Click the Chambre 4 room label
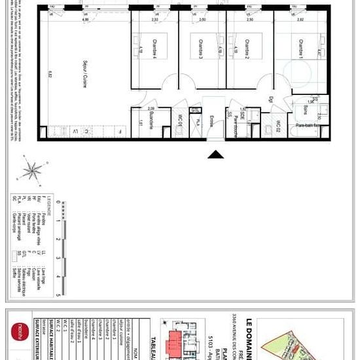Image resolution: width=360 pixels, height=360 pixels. click(154, 50)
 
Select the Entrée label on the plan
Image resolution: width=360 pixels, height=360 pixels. click(211, 121)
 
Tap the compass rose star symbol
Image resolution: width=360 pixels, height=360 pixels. click(30, 170)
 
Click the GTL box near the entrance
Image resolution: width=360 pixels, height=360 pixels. click(195, 111)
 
